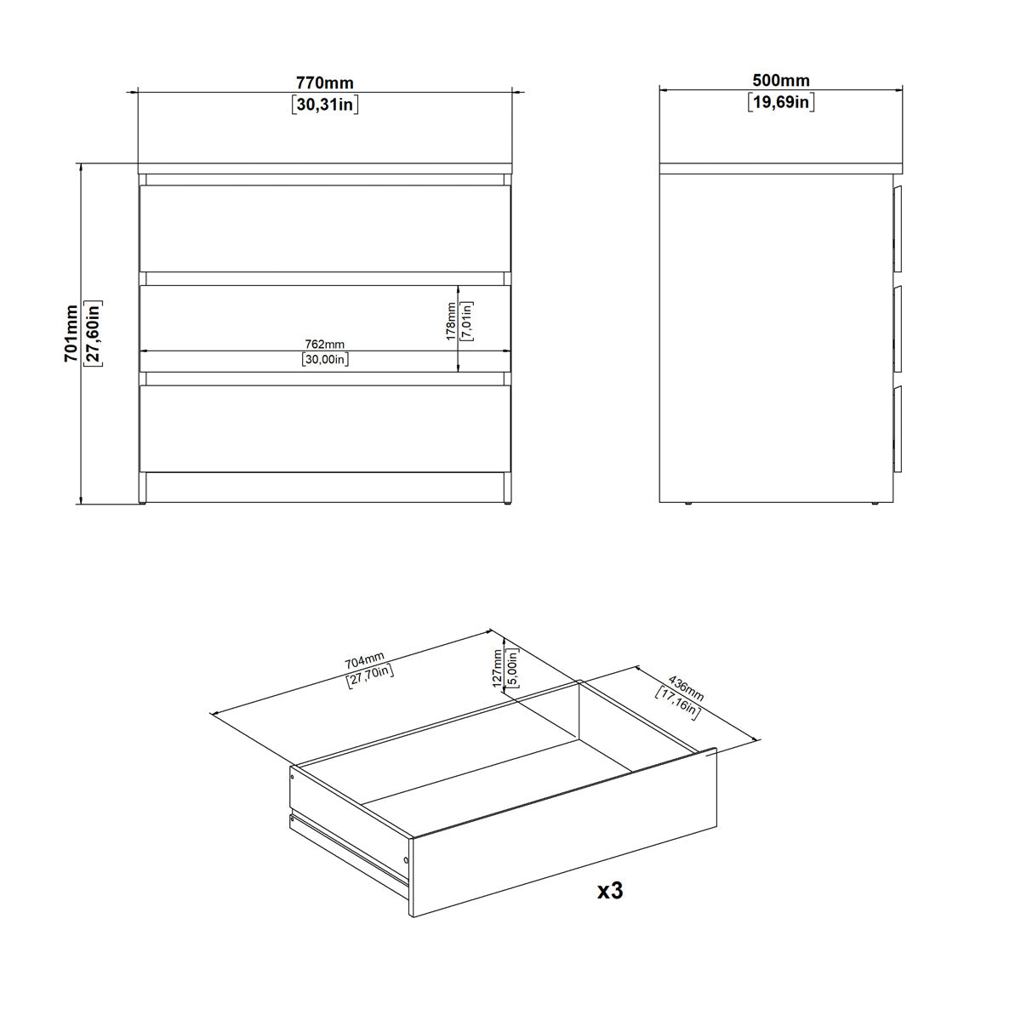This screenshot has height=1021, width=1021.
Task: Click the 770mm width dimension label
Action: pyautogui.click(x=325, y=83)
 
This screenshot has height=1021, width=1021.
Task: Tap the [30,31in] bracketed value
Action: pyautogui.click(x=325, y=105)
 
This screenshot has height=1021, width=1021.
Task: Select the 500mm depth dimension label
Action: pyautogui.click(x=781, y=82)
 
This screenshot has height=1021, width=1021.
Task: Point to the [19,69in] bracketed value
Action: pyautogui.click(x=781, y=103)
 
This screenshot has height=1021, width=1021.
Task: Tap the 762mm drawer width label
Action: pyautogui.click(x=325, y=344)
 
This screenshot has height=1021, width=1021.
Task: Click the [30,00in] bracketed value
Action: pyautogui.click(x=325, y=359)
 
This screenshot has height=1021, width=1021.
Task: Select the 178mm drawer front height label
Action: pyautogui.click(x=452, y=322)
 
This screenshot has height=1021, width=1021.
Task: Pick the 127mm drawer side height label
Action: pyautogui.click(x=498, y=668)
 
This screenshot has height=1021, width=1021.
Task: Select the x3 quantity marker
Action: pyautogui.click(x=610, y=891)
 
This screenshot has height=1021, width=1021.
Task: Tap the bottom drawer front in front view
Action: pyautogui.click(x=325, y=429)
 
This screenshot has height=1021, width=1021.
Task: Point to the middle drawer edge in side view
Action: pyautogui.click(x=898, y=327)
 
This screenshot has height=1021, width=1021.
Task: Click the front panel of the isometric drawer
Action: pyautogui.click(x=563, y=835)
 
